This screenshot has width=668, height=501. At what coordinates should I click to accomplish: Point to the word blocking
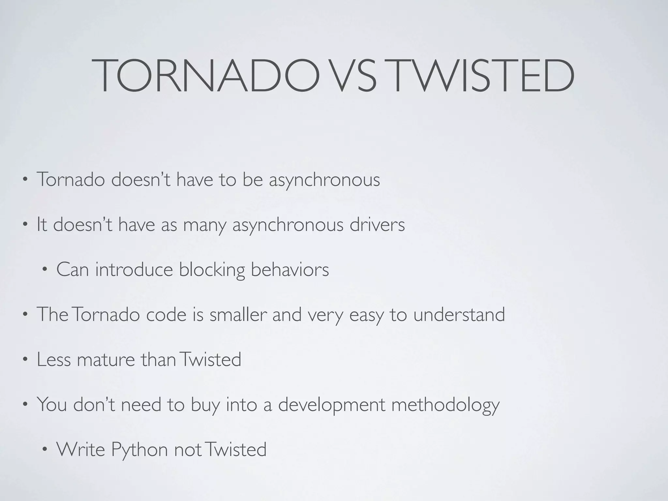click(x=212, y=270)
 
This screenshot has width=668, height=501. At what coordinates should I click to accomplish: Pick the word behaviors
click(x=290, y=270)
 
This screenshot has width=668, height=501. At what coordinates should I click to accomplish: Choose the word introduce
click(x=134, y=270)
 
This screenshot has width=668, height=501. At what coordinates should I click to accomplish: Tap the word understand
click(x=459, y=314)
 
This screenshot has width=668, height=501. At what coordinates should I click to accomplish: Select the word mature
click(x=106, y=359)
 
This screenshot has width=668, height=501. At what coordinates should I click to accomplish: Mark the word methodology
click(x=445, y=405)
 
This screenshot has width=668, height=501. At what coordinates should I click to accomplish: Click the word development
click(x=332, y=405)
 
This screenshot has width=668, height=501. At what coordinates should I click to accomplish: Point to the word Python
click(x=140, y=449)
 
